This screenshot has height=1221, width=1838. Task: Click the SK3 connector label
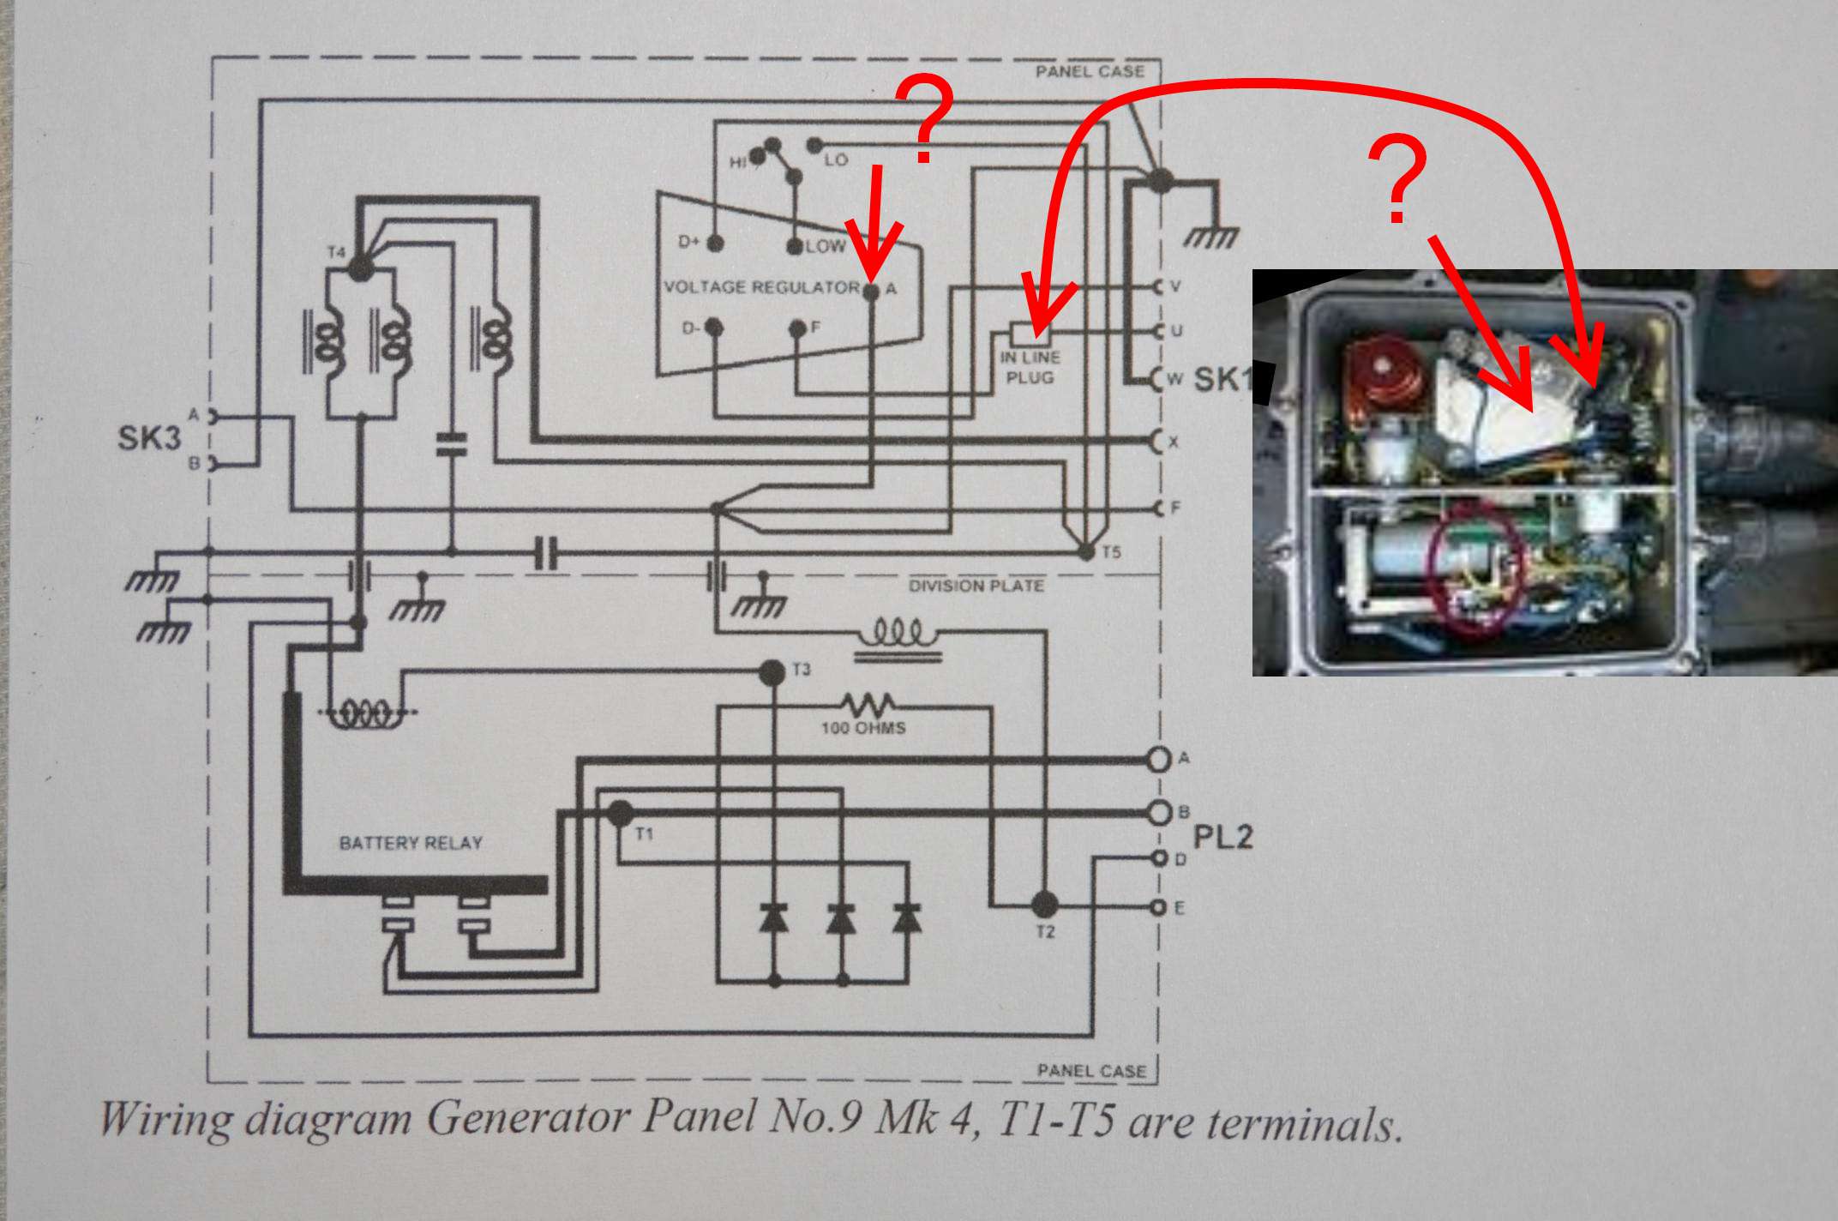[x=149, y=438]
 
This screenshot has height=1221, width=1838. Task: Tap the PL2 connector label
[x=1223, y=836]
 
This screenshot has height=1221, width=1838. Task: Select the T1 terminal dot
[x=620, y=813]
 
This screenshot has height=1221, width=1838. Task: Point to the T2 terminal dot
[x=1044, y=904]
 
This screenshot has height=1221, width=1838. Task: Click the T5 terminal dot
[x=1086, y=552]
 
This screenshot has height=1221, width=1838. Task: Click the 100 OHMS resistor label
[x=863, y=728]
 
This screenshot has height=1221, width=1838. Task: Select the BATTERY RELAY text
[x=411, y=844]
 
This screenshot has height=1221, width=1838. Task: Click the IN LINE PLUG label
[x=1030, y=367]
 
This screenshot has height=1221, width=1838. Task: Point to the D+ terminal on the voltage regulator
[x=715, y=244]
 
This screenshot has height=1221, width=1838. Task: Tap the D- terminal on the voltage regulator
[x=715, y=328]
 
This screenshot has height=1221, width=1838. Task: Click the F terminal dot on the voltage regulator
[x=797, y=328]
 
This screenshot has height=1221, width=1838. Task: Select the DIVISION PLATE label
[x=976, y=586]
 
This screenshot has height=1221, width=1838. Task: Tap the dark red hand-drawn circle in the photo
[x=1475, y=570]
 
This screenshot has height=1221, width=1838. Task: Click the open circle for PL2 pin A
[x=1158, y=759]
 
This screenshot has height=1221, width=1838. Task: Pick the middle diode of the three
[x=841, y=918]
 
